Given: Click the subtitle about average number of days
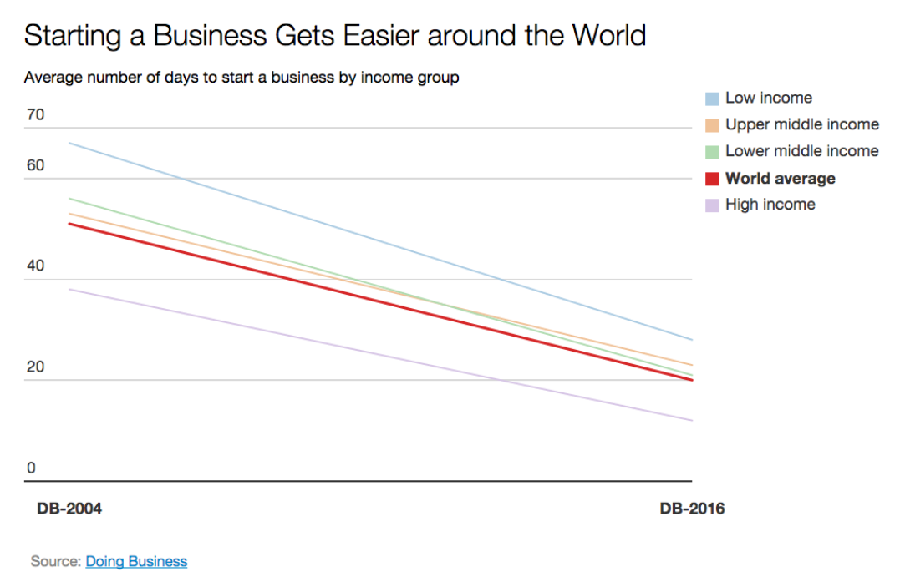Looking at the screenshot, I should click(242, 78).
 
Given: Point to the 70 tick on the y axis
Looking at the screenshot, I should click(35, 115).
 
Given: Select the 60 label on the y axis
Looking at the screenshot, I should click(35, 165).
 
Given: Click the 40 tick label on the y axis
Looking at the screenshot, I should click(35, 266).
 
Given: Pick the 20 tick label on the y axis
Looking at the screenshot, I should click(35, 367).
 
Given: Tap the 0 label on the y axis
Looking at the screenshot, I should click(31, 468).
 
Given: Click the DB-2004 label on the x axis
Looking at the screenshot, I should click(69, 509).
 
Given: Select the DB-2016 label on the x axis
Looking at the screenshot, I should click(692, 509).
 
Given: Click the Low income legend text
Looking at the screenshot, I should click(768, 98).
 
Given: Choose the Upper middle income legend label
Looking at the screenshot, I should click(801, 124).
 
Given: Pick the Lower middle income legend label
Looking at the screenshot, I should click(801, 151).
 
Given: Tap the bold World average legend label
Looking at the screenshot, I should click(780, 178).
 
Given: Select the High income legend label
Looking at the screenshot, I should click(770, 205).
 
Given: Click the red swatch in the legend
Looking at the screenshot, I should click(712, 179).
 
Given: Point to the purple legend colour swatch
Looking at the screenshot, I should click(712, 205).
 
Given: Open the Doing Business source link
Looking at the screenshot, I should click(136, 561).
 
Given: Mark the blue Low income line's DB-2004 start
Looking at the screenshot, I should click(69, 143).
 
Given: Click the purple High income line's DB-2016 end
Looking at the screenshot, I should click(691, 420).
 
